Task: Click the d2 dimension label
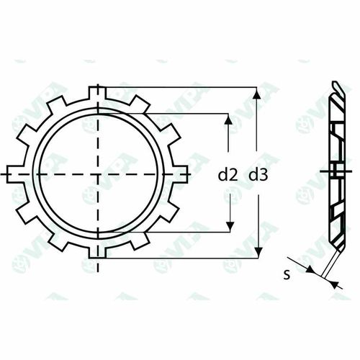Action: (228, 174)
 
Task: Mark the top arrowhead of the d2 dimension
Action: (229, 119)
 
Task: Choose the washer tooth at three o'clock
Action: (183, 174)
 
